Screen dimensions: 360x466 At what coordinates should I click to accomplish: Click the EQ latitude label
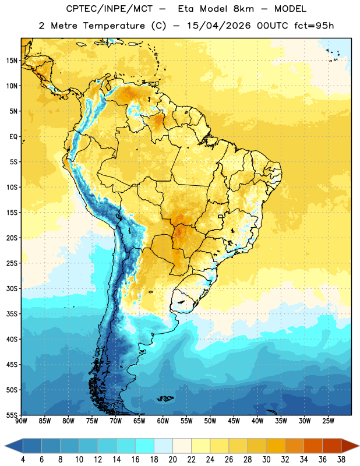click(x=13, y=137)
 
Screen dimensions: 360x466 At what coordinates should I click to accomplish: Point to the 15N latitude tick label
click(x=12, y=61)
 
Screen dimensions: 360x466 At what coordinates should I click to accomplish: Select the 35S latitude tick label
click(x=12, y=314)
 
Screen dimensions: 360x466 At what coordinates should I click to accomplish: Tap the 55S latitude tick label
click(x=12, y=415)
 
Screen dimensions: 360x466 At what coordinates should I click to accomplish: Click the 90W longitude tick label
click(x=21, y=421)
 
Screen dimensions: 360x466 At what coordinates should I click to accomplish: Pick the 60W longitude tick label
click(x=163, y=421)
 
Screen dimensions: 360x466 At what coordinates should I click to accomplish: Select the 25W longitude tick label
click(x=328, y=421)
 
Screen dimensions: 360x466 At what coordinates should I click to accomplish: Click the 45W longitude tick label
click(x=234, y=421)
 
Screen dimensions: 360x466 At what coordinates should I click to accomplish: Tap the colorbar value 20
click(x=172, y=460)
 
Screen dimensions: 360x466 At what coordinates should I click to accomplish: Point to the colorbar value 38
click(x=341, y=460)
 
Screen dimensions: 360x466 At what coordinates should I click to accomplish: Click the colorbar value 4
click(x=23, y=460)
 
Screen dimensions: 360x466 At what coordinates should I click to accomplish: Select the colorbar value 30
click(x=266, y=460)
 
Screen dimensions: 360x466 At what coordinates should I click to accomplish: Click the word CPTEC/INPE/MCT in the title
click(x=109, y=9)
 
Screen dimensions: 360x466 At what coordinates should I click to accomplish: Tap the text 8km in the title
click(x=243, y=9)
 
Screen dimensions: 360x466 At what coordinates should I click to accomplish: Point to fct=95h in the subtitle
click(x=314, y=26)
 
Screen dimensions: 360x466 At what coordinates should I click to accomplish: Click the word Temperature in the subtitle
click(x=114, y=26)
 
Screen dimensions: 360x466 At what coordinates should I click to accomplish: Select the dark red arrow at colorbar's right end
click(x=350, y=446)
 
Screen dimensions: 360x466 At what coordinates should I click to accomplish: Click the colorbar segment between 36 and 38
click(x=332, y=446)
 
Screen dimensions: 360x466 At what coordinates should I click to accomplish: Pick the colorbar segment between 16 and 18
click(x=145, y=446)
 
